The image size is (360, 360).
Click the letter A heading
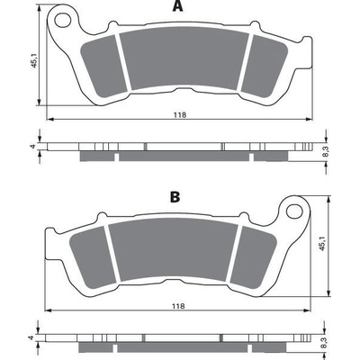177,6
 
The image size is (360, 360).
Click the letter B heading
175,197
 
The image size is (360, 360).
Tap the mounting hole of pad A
63,20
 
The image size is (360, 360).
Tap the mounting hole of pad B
294,211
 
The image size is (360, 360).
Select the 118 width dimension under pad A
180,115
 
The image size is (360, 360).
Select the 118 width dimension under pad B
178,306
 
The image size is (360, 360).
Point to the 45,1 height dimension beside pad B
322,243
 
